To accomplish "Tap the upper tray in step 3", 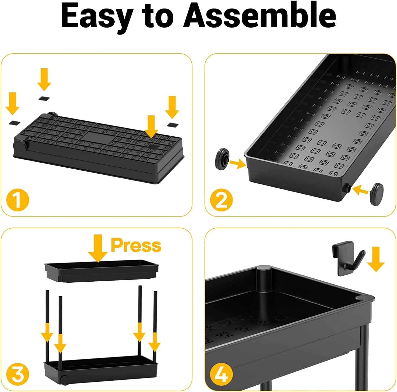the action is [102, 272].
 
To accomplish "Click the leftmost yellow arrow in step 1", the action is [12, 103].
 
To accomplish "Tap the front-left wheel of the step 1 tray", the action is [19, 146].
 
